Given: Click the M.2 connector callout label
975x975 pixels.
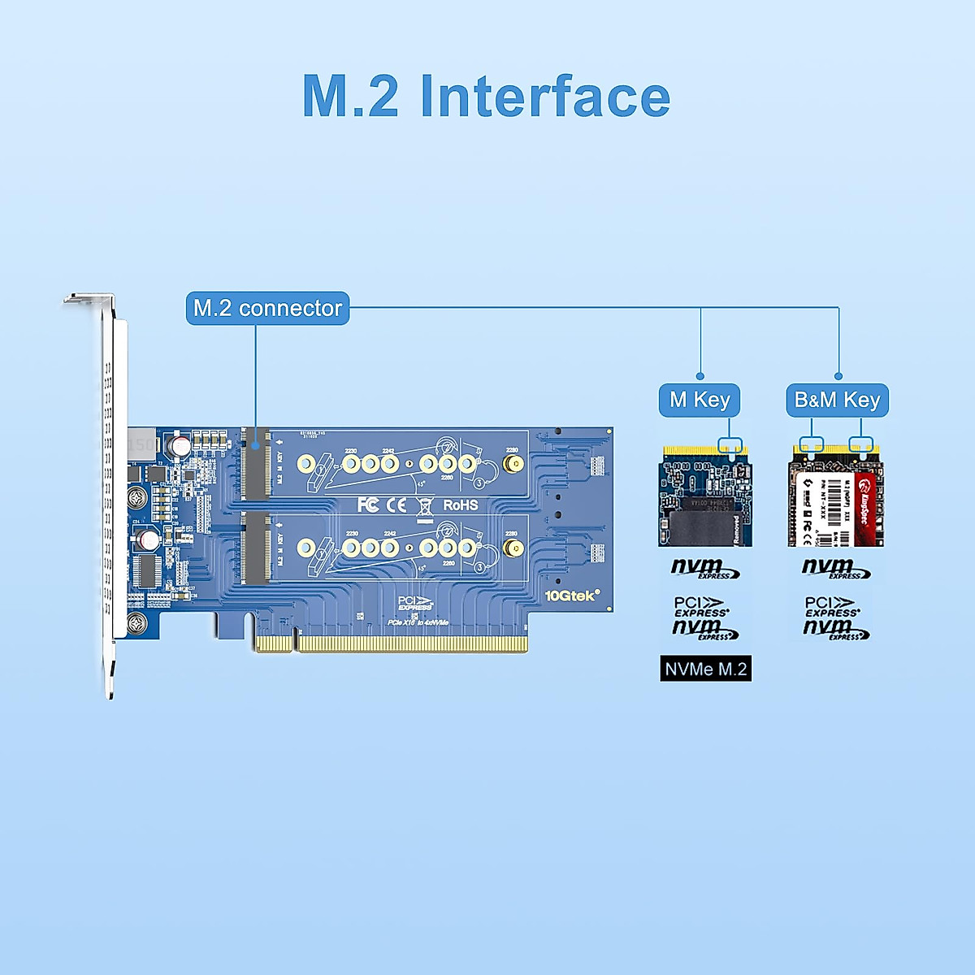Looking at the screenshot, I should point(267,309).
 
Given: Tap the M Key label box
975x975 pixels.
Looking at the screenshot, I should point(699,400).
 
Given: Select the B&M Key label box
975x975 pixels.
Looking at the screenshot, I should point(837,400).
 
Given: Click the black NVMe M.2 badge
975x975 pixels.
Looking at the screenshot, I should point(705,669).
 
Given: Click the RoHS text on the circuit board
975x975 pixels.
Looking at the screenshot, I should point(460,505).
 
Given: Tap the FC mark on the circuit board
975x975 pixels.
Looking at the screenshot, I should point(368,505).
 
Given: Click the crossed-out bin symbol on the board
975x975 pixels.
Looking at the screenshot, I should point(424,506).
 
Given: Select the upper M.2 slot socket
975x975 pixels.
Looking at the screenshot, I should point(255,464).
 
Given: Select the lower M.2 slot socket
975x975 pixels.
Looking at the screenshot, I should point(255,548).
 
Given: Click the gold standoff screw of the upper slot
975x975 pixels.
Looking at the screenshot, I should point(513,464).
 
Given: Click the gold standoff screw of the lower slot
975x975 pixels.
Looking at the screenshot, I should point(513,548).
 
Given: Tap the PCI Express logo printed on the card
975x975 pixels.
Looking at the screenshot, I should point(415,604).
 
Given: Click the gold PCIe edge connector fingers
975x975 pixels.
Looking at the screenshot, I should point(391,643).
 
